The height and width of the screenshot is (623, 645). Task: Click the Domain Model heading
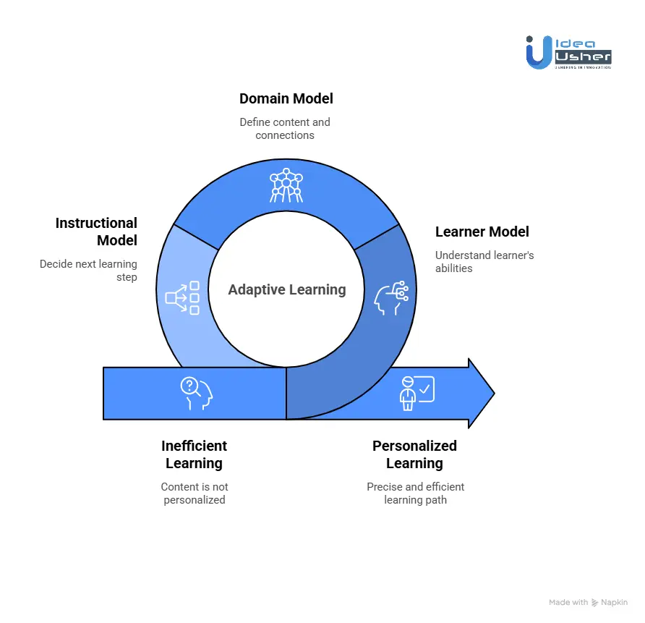pyautogui.click(x=286, y=98)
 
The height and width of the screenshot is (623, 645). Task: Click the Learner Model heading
pyautogui.click(x=482, y=232)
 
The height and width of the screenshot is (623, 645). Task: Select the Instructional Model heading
pyautogui.click(x=96, y=232)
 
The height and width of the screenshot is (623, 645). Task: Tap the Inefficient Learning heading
pyautogui.click(x=194, y=454)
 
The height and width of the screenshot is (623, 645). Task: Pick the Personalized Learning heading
pyautogui.click(x=414, y=454)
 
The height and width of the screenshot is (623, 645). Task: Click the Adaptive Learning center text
pyautogui.click(x=287, y=290)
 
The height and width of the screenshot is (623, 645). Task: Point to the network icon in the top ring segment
pyautogui.click(x=286, y=186)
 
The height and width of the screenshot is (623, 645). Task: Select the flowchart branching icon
pyautogui.click(x=182, y=297)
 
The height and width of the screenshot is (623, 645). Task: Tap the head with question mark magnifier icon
pyautogui.click(x=196, y=393)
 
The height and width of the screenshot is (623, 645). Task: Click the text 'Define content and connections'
pyautogui.click(x=285, y=129)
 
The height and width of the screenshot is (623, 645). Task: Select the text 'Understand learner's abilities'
pyautogui.click(x=484, y=262)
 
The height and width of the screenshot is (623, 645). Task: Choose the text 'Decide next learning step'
pyautogui.click(x=88, y=271)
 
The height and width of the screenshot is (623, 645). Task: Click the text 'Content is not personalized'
pyautogui.click(x=194, y=493)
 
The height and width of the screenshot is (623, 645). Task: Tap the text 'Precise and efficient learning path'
pyautogui.click(x=415, y=493)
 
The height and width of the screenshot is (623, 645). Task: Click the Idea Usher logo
pyautogui.click(x=568, y=52)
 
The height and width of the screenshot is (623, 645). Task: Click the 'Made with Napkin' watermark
pyautogui.click(x=588, y=602)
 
